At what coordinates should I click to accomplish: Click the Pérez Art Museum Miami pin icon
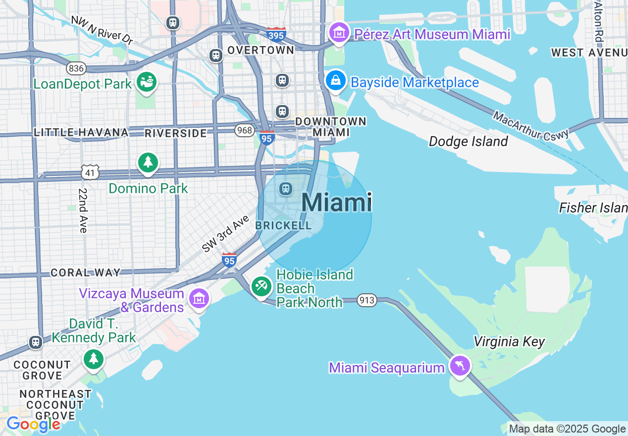pos(339,33)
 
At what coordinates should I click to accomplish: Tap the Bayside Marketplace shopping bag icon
pos(335,81)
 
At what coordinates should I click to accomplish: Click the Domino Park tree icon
pos(148,163)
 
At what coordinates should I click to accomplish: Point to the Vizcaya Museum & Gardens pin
pos(199,298)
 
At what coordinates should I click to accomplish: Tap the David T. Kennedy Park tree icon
pos(94,359)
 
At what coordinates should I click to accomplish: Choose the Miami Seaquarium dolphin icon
pos(460,366)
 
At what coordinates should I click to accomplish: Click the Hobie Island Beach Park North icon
pos(261,286)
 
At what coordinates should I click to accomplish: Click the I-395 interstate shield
pos(276,35)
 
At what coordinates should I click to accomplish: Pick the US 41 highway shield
pos(91,172)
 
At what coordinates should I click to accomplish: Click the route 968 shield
pos(245,130)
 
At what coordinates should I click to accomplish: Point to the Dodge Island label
pos(468,142)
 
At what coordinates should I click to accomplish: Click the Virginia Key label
pos(509,341)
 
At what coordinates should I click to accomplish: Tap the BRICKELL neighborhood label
pos(283,225)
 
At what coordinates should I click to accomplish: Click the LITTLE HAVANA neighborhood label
pos(81,132)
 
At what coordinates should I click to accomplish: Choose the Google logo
pos(33,425)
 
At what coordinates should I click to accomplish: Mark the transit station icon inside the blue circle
pos(286,189)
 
